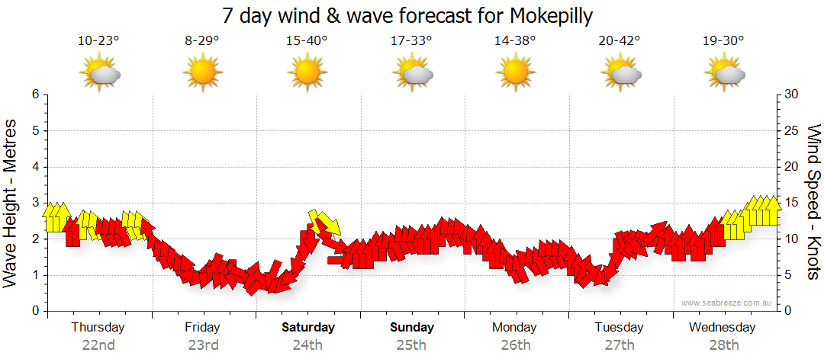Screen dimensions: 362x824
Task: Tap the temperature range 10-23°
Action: click(x=98, y=41)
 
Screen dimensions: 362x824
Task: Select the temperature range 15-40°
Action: click(x=307, y=41)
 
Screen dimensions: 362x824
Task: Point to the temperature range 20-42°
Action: click(x=620, y=41)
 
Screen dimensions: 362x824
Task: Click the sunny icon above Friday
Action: click(x=202, y=74)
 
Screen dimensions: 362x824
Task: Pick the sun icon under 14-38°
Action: click(x=515, y=74)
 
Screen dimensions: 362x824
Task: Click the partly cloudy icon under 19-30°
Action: click(x=723, y=74)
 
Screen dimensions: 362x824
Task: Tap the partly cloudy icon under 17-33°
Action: click(x=411, y=74)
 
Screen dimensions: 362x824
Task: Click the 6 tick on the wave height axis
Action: click(x=34, y=95)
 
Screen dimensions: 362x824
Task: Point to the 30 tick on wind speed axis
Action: click(x=791, y=95)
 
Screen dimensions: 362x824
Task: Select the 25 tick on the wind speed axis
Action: click(x=791, y=130)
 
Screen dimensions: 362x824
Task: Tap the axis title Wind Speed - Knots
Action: click(x=813, y=202)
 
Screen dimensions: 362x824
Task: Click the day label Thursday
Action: click(x=98, y=327)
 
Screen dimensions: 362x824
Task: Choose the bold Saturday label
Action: click(x=307, y=327)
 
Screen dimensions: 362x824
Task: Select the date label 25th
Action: click(x=411, y=344)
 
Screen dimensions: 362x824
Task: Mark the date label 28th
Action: click(x=723, y=344)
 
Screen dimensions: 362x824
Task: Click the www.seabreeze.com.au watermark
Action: click(x=728, y=303)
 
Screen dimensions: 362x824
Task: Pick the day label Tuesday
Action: click(x=619, y=327)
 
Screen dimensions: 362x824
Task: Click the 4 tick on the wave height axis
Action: click(x=34, y=167)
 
